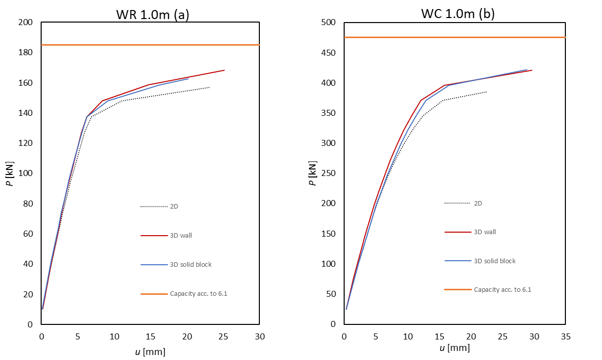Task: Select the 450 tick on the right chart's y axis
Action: pyautogui.click(x=329, y=53)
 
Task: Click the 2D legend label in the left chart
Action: pyautogui.click(x=174, y=206)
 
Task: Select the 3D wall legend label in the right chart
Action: pyautogui.click(x=485, y=232)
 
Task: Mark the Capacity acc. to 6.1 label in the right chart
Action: pyautogui.click(x=503, y=289)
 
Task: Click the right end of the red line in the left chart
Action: pyautogui.click(x=224, y=70)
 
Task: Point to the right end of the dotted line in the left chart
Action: pyautogui.click(x=209, y=87)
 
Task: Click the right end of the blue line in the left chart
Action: pyautogui.click(x=188, y=79)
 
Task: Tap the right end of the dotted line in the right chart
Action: pyautogui.click(x=486, y=92)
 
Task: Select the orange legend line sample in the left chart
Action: pyautogui.click(x=154, y=293)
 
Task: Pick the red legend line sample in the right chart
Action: pyautogui.click(x=458, y=232)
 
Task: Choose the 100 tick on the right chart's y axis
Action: pyautogui.click(x=329, y=264)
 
